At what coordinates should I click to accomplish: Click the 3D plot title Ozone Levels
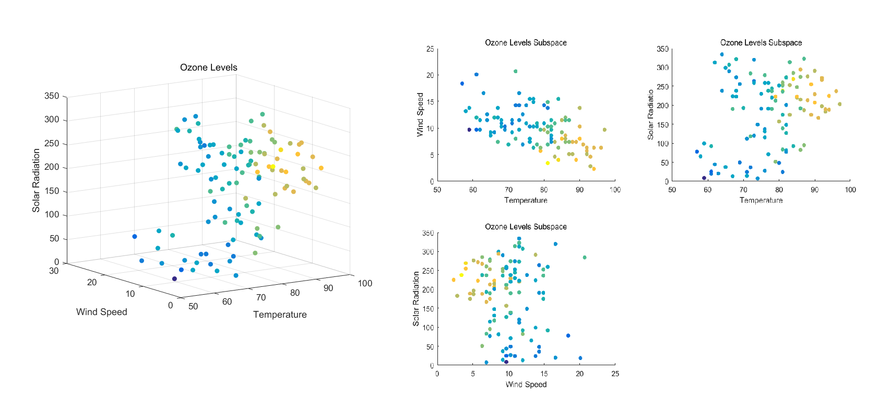208,67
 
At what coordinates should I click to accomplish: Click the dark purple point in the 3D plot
174,278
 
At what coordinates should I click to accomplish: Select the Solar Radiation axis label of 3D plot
36,180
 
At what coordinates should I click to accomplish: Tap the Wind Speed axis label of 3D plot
101,312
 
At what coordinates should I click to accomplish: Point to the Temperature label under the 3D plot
280,315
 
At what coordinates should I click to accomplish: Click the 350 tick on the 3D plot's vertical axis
52,96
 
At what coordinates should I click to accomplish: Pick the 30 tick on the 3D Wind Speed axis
54,271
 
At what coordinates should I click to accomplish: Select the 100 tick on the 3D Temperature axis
365,283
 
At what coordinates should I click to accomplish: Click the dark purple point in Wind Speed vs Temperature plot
469,130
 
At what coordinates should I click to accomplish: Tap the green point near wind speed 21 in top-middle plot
516,71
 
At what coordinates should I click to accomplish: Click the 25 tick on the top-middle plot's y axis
430,49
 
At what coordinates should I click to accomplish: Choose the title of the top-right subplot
761,43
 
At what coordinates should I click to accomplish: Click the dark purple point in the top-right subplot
704,178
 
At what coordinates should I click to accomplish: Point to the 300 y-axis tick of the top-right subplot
662,67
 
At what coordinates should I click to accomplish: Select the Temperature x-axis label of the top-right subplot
761,200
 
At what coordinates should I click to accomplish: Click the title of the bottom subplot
526,227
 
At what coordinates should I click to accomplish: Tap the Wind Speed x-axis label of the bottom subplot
526,385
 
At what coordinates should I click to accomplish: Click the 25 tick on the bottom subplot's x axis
615,374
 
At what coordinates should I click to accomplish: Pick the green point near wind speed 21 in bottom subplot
585,257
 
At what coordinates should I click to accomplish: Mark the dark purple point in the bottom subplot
506,362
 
